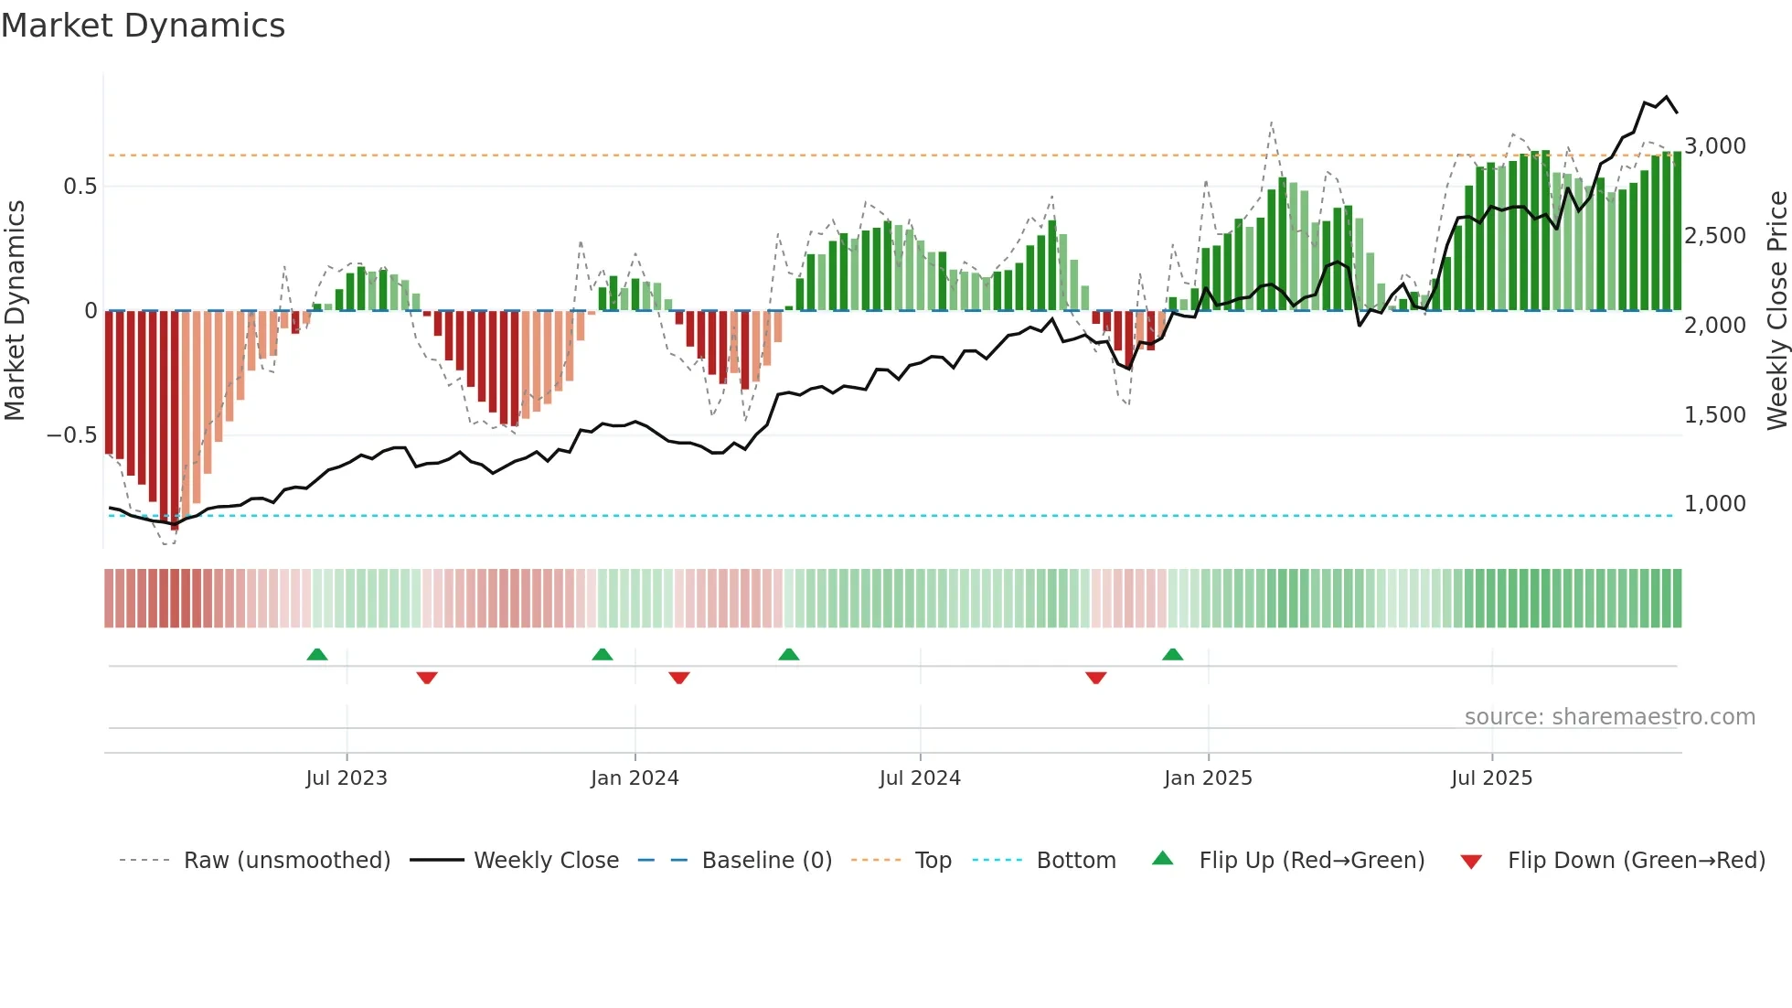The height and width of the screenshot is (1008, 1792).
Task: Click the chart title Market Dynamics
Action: click(x=143, y=26)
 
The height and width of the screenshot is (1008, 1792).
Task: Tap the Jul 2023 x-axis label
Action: click(x=347, y=778)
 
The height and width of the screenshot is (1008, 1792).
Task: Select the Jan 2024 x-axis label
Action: click(x=635, y=778)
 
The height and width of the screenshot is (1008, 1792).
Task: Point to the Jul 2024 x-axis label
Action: click(x=920, y=778)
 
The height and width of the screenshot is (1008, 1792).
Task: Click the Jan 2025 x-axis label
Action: click(x=1208, y=778)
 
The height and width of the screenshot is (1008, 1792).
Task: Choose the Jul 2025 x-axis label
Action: click(x=1491, y=778)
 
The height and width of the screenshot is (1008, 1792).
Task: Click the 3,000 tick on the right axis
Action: click(x=1715, y=146)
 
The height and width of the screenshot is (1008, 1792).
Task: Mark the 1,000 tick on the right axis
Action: click(x=1715, y=504)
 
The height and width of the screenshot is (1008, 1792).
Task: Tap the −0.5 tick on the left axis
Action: click(x=71, y=435)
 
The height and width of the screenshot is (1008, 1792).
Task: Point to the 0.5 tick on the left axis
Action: click(x=80, y=187)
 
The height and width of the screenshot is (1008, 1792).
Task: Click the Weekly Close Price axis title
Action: click(x=1776, y=311)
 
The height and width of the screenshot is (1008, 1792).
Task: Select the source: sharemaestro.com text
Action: click(x=1609, y=717)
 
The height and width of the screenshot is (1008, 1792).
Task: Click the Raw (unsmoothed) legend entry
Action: click(x=286, y=861)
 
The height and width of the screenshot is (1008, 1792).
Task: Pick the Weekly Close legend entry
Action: click(x=546, y=861)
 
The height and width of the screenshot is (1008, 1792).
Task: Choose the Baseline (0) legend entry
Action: click(x=766, y=861)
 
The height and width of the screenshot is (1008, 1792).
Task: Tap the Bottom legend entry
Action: click(x=1075, y=861)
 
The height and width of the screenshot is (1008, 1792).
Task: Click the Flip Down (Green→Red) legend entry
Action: click(x=1636, y=861)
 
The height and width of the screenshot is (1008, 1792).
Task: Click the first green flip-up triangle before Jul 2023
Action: click(x=317, y=655)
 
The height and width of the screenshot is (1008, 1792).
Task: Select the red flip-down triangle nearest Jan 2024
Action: click(x=678, y=678)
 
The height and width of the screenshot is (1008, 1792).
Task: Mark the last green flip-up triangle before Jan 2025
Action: click(x=1172, y=655)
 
